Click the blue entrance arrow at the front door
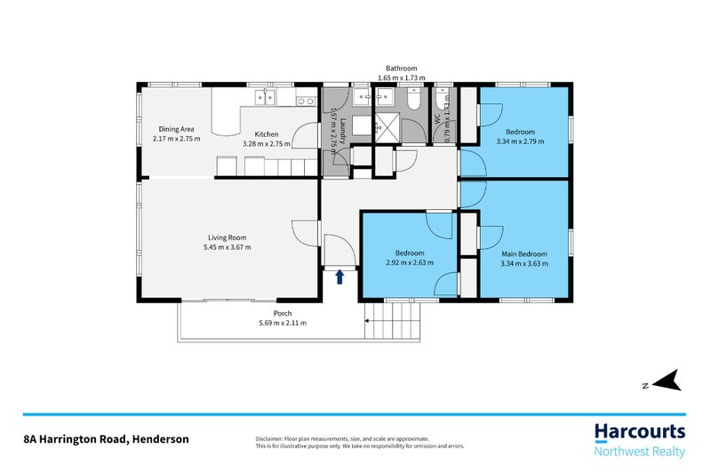(x=340, y=277)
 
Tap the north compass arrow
(x=667, y=381)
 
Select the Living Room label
(x=228, y=237)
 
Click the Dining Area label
(x=177, y=128)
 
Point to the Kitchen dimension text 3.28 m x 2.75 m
(x=267, y=143)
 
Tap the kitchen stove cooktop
(x=306, y=100)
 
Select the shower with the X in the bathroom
(x=386, y=127)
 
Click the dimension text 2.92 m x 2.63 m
(x=410, y=263)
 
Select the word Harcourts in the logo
(x=639, y=433)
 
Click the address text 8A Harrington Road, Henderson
(x=106, y=439)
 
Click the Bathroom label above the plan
(x=401, y=68)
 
